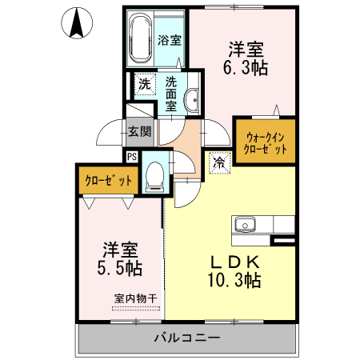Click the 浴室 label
(x=168, y=40)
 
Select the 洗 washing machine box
(x=144, y=84)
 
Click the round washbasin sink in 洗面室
(x=193, y=100)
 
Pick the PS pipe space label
(x=131, y=157)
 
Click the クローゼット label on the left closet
(x=109, y=181)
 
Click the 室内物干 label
(x=135, y=298)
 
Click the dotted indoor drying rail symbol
(x=135, y=307)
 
